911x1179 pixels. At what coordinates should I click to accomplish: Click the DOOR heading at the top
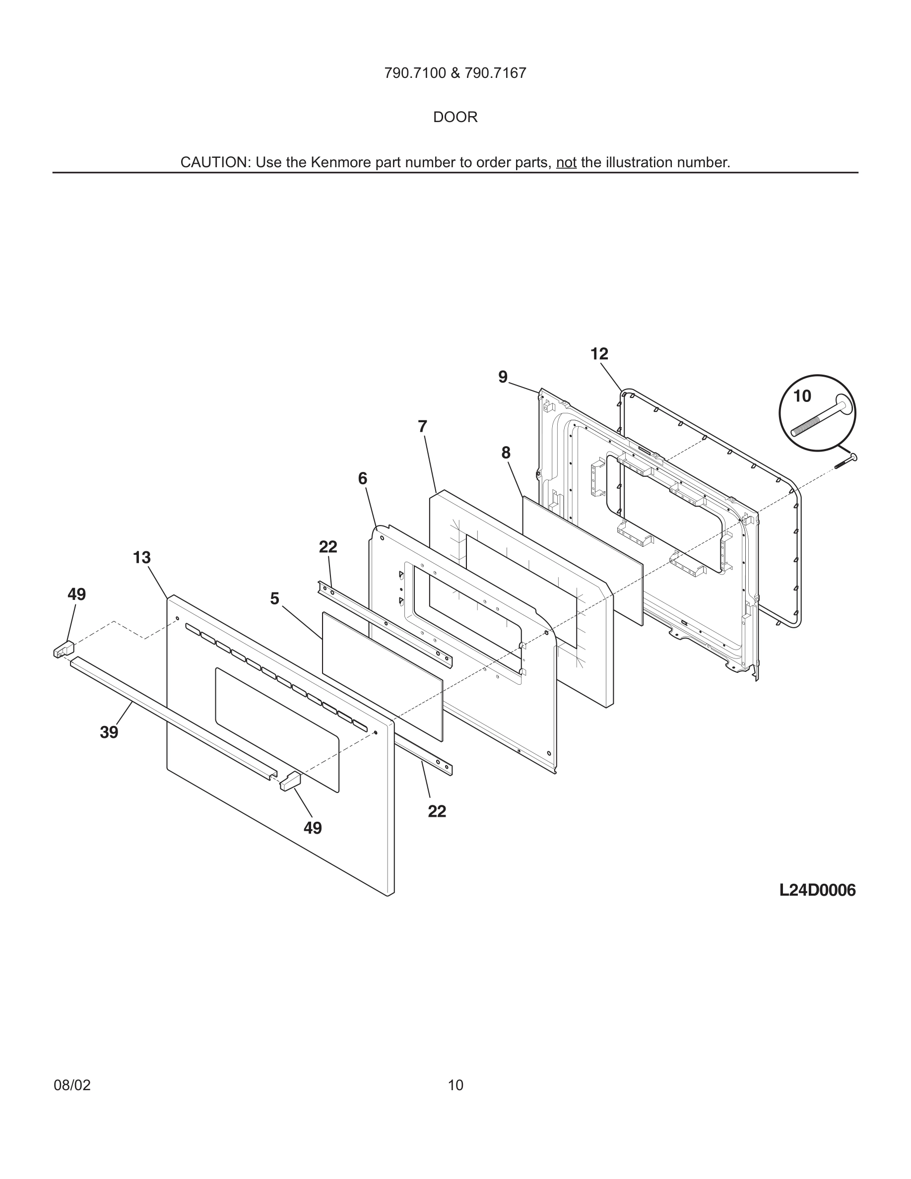(x=455, y=117)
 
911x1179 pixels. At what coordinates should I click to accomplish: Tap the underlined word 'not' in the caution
(x=566, y=162)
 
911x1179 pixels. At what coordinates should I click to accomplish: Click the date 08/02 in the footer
(x=72, y=1085)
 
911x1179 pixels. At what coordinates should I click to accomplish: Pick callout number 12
(x=599, y=354)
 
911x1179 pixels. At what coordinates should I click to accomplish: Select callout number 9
(x=503, y=377)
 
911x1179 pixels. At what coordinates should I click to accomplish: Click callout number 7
(x=423, y=426)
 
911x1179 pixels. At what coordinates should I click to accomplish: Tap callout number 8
(x=506, y=453)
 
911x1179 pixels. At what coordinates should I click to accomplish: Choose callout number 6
(x=363, y=478)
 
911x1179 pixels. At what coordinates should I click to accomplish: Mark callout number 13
(x=142, y=558)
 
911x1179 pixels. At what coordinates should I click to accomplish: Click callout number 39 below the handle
(x=109, y=732)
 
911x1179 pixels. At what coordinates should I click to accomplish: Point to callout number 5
(x=275, y=598)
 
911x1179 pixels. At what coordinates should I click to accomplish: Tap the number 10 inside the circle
(x=802, y=396)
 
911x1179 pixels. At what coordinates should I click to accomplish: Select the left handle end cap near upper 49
(x=63, y=649)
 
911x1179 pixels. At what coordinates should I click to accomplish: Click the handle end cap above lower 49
(x=290, y=781)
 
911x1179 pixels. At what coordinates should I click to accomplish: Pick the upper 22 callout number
(x=328, y=547)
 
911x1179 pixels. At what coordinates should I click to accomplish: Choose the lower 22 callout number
(x=437, y=811)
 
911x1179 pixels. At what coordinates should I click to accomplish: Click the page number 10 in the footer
(x=455, y=1085)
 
